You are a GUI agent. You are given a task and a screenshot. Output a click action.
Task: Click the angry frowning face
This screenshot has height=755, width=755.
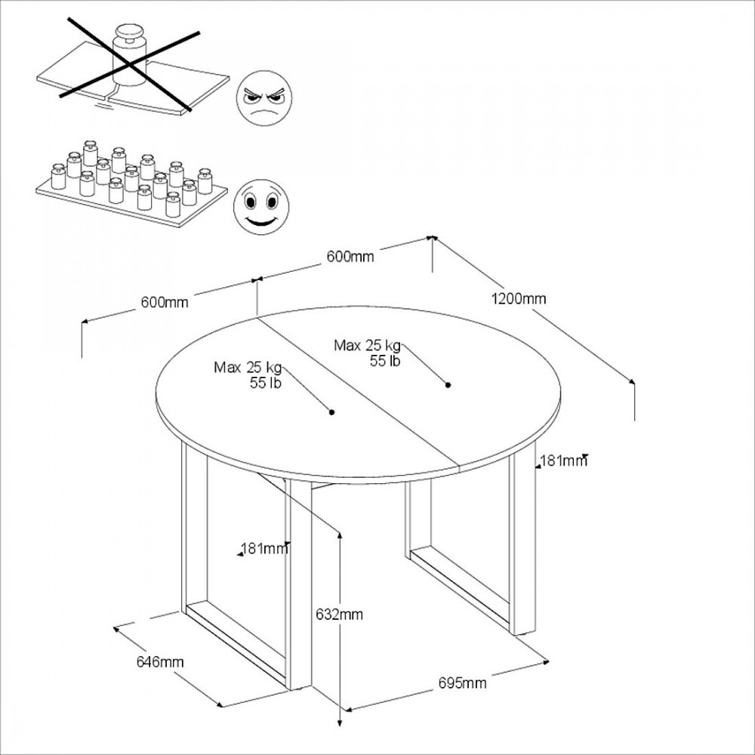coord(263,98)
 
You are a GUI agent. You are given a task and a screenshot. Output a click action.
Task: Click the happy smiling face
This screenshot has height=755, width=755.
coord(261,207)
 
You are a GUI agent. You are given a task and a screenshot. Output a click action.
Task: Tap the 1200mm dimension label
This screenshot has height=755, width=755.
coord(519,299)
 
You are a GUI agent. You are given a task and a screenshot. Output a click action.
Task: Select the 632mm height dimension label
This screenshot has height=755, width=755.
coord(340,615)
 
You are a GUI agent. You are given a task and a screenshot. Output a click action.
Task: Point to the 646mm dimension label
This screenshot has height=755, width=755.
coord(160,662)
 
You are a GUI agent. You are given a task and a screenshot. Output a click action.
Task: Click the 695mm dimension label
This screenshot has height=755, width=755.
coord(462,683)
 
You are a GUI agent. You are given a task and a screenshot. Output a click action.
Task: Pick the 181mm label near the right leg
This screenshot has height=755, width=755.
coord(563,461)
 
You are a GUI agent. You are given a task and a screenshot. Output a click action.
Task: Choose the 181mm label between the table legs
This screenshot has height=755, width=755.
coord(264,548)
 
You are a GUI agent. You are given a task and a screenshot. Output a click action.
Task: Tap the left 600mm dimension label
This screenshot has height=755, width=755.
coord(165,303)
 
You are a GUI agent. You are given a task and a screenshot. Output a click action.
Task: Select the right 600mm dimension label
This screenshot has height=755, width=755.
coord(350,257)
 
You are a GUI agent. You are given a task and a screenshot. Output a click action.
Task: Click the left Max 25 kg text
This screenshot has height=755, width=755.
coord(248,368)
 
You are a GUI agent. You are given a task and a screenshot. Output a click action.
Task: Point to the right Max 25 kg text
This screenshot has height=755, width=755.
coord(367,346)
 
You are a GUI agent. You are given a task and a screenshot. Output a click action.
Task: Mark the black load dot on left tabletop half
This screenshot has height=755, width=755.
coord(331,412)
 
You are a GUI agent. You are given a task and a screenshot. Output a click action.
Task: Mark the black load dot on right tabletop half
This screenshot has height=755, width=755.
coord(448,385)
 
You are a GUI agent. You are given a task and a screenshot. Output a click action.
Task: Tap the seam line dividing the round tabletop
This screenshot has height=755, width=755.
coord(358,392)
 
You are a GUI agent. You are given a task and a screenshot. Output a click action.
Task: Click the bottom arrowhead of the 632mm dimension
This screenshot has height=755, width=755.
coord(340,723)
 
